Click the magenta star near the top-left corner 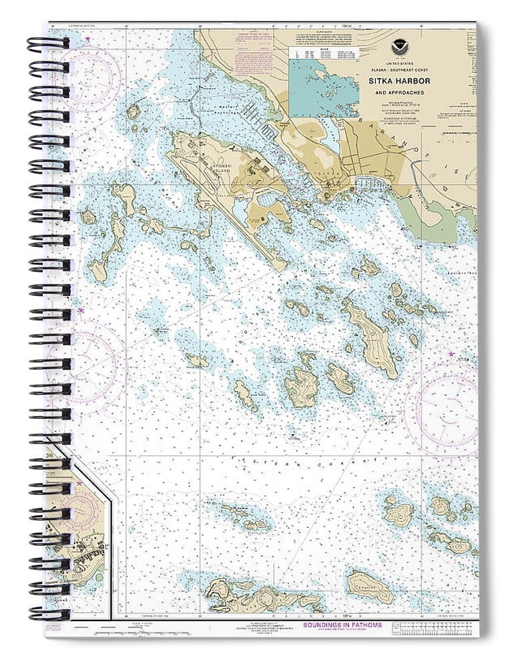pyautogui.click(x=89, y=40)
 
